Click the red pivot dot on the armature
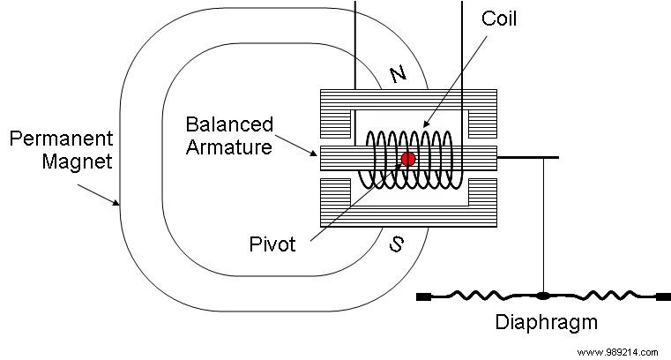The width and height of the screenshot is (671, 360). pos(408,159)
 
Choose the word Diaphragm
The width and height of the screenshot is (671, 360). pos(546,323)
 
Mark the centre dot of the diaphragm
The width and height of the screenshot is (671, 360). pos(543,295)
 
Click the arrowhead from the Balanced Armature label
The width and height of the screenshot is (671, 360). pos(317,154)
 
